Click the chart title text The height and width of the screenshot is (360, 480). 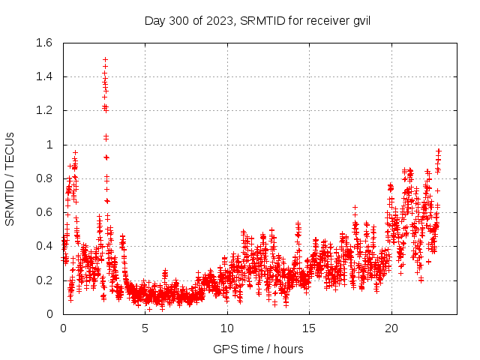point(257,20)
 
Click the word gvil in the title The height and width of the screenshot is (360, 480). point(359,20)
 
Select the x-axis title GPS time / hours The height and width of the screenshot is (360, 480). point(258,349)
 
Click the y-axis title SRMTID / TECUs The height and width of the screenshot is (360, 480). point(10,178)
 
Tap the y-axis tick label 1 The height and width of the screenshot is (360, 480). point(49,145)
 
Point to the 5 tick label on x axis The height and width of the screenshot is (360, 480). point(145,328)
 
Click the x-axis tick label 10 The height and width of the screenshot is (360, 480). point(227,328)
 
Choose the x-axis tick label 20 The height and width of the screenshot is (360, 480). point(391,328)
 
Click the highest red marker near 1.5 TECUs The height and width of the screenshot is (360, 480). point(105,59)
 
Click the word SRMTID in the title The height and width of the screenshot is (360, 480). point(265,20)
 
